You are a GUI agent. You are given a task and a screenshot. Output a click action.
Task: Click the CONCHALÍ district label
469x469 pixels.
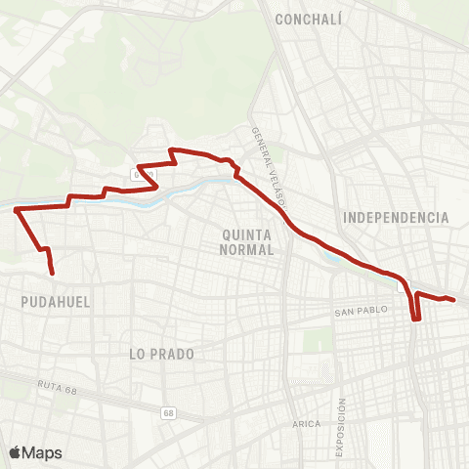pos(307,20)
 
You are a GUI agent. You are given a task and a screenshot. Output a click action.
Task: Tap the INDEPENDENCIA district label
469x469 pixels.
pos(396,217)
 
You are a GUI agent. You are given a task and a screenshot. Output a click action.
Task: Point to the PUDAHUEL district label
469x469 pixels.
pos(55,303)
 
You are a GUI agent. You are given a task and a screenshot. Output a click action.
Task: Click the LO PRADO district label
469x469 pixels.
pos(161,354)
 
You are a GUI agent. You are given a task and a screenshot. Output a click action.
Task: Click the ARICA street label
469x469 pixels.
pos(307,423)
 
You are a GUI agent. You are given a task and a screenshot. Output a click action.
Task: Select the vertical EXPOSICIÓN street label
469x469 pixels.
pos(342,425)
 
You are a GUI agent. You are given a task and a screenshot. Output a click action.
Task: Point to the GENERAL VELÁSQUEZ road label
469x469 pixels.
pos(267,166)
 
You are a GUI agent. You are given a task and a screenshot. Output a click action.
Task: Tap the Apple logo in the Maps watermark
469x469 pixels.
pos(15,452)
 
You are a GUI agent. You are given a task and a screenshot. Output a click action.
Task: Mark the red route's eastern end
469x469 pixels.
pos(454,300)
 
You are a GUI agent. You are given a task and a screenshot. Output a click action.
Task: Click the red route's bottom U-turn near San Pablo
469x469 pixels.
pos(415,319)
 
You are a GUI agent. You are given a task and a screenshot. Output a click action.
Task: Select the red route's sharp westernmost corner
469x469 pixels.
pos(15,208)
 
